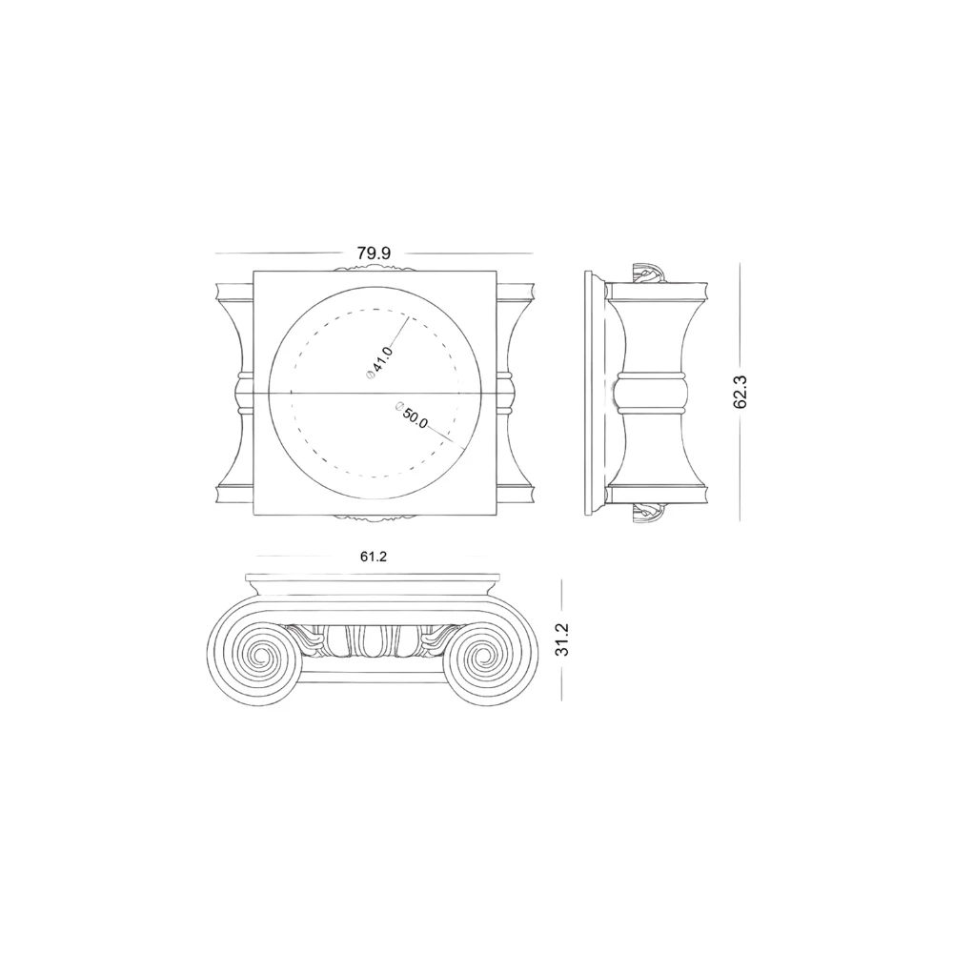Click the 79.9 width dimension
(x=374, y=253)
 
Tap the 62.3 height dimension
(x=740, y=392)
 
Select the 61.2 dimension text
(x=374, y=557)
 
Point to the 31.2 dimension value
(x=562, y=639)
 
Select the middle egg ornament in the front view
(x=373, y=641)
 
